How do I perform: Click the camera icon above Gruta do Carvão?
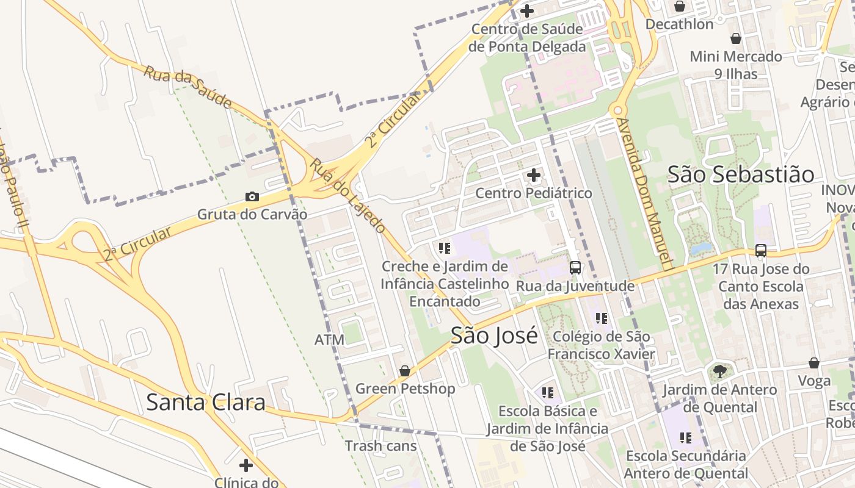[x=252, y=196]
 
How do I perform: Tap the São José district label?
[x=494, y=335]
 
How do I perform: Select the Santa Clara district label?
[x=206, y=402]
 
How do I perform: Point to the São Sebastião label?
[x=740, y=174]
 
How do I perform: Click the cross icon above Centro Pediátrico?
[x=533, y=176]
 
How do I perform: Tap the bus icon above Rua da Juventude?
[x=575, y=267]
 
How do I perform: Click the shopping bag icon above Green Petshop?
[x=404, y=371]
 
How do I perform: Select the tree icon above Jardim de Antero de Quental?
[x=720, y=371]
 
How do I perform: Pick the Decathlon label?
[x=679, y=24]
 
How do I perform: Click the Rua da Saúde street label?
[x=188, y=87]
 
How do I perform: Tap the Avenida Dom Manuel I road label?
[x=644, y=194]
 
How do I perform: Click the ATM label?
[x=329, y=340]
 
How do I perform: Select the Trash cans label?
[x=380, y=446]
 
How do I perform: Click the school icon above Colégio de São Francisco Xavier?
[x=602, y=318]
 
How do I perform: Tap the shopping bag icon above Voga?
[x=813, y=363]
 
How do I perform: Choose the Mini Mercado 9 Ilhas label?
[x=735, y=65]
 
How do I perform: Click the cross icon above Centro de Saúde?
[x=526, y=10]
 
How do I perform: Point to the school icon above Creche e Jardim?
[x=444, y=248]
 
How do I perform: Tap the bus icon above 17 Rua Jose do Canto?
[x=760, y=250]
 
